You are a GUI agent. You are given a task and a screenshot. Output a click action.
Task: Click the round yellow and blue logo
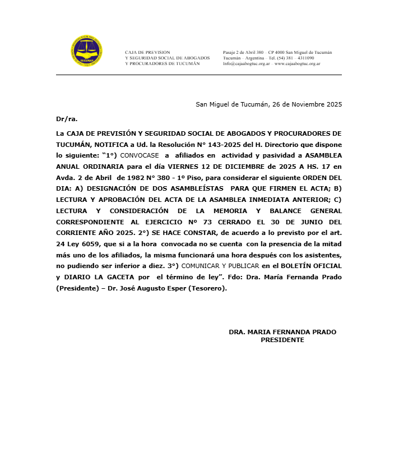coord(87,52)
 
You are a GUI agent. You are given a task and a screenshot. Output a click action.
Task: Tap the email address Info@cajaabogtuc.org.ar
coord(247,64)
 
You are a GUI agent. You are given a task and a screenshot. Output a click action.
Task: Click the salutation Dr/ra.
coord(67,119)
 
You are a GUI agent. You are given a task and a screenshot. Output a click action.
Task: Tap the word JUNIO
coord(307,221)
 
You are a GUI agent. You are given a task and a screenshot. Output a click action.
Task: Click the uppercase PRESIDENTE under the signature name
coord(282,340)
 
